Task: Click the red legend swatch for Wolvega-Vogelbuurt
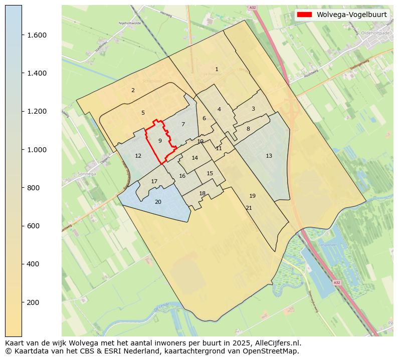coord(304,15)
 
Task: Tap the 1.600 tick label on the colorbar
coord(36,35)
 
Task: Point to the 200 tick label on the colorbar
coord(33,302)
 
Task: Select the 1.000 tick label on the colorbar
coord(36,150)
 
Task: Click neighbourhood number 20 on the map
coord(158,202)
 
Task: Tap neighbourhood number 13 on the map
coord(269,156)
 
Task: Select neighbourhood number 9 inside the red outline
coord(160,141)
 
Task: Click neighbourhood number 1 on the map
coord(217,69)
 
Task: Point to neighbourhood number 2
coord(133,90)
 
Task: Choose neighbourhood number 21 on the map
coord(249,208)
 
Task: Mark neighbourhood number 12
coord(138,156)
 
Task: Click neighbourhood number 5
coord(143,113)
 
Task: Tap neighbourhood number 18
coord(202,193)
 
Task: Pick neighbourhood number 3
coord(253,109)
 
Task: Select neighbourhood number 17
coord(154,181)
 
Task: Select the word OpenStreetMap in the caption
coord(271,351)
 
